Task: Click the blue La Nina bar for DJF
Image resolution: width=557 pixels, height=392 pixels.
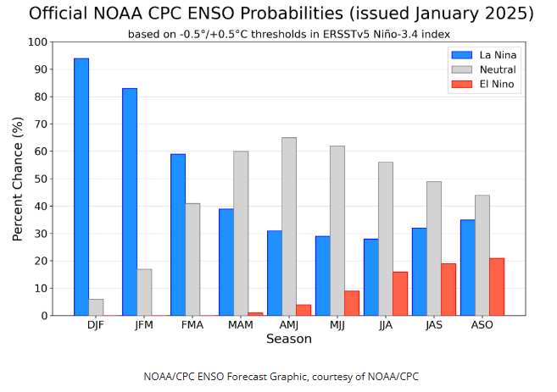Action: (x=81, y=186)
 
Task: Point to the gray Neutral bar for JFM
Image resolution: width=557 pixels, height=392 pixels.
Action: (x=144, y=292)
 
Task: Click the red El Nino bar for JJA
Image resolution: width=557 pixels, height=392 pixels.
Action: (x=400, y=293)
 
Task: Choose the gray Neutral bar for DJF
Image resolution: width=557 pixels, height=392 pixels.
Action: (x=96, y=306)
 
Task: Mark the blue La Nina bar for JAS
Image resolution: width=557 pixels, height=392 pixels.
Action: (x=420, y=271)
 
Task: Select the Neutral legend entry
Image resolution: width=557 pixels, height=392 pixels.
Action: (x=483, y=69)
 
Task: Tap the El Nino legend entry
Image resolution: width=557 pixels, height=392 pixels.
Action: (x=483, y=84)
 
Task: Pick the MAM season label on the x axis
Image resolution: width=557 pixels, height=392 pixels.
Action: (x=241, y=325)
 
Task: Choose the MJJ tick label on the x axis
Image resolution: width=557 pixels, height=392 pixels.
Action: (x=337, y=325)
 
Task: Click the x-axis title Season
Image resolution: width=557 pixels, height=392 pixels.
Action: (x=289, y=340)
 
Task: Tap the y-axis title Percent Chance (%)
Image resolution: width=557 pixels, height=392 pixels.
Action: (x=18, y=179)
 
